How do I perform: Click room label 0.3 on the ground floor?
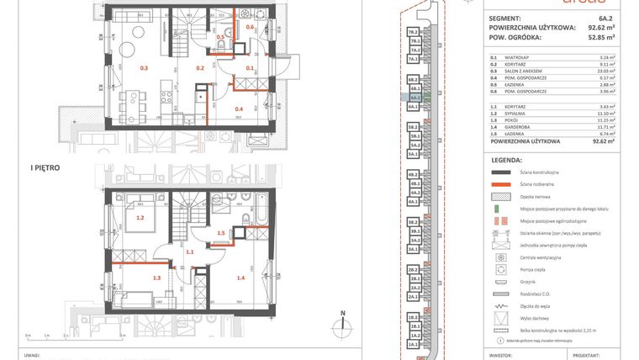click(x=144, y=67)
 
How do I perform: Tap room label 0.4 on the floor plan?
click(x=239, y=109)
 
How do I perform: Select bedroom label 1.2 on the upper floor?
click(x=140, y=218)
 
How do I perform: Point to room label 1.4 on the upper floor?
click(x=240, y=277)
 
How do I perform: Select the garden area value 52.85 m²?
click(x=600, y=37)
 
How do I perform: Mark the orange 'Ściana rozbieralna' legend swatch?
click(x=501, y=183)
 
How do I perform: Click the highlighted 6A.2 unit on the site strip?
click(x=413, y=98)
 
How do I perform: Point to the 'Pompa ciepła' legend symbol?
click(x=501, y=270)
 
